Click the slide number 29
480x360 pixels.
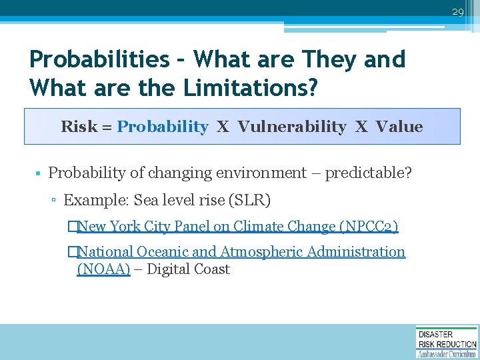pos(457,12)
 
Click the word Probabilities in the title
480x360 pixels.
pos(99,59)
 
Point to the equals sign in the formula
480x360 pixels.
pos(107,127)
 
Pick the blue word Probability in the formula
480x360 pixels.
pos(162,127)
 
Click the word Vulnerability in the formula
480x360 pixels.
pos(291,127)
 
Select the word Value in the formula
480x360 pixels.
pos(399,127)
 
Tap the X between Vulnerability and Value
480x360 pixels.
pos(361,127)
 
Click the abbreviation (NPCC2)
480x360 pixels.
pos(369,227)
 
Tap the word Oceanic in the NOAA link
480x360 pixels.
pos(163,252)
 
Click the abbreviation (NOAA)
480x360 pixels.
pos(103,269)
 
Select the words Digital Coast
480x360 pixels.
pos(188,269)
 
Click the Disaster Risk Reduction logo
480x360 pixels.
pos(446,341)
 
